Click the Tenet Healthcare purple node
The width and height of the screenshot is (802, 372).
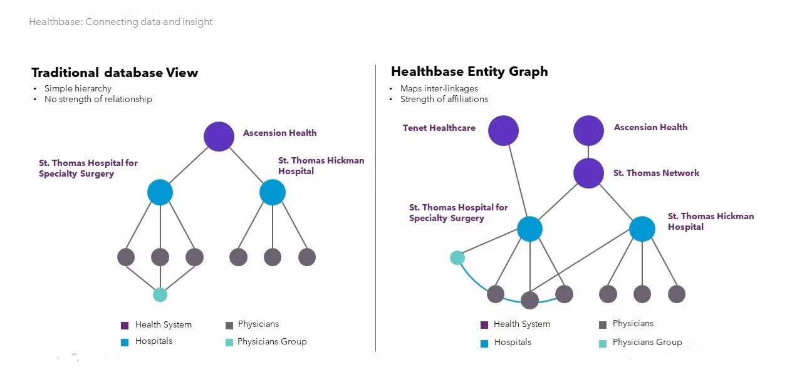point(503,130)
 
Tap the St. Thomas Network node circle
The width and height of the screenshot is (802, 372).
point(588,173)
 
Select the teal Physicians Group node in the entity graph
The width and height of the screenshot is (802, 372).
point(457,257)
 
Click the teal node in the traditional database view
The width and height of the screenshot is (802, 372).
point(160,295)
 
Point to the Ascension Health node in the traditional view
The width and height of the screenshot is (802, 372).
point(219,137)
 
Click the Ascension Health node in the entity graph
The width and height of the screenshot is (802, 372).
point(588,130)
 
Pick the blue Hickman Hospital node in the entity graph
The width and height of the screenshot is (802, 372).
point(642,229)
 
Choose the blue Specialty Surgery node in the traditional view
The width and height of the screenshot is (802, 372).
point(160,192)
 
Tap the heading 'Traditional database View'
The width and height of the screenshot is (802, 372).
point(115,73)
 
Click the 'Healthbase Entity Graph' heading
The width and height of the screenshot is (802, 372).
point(469,71)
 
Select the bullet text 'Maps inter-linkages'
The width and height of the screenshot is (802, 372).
point(439,88)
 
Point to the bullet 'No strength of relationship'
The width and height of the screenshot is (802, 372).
point(98,99)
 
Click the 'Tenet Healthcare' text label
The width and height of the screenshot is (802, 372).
point(439,128)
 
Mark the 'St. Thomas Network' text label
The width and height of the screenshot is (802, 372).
point(656,173)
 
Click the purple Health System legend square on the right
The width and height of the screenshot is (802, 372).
point(484,325)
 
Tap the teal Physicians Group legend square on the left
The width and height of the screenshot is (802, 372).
point(229,343)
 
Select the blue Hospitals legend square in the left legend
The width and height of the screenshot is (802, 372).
point(125,343)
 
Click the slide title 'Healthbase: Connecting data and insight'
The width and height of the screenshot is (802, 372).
point(121,22)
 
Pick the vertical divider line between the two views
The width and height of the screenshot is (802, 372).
point(375,208)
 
